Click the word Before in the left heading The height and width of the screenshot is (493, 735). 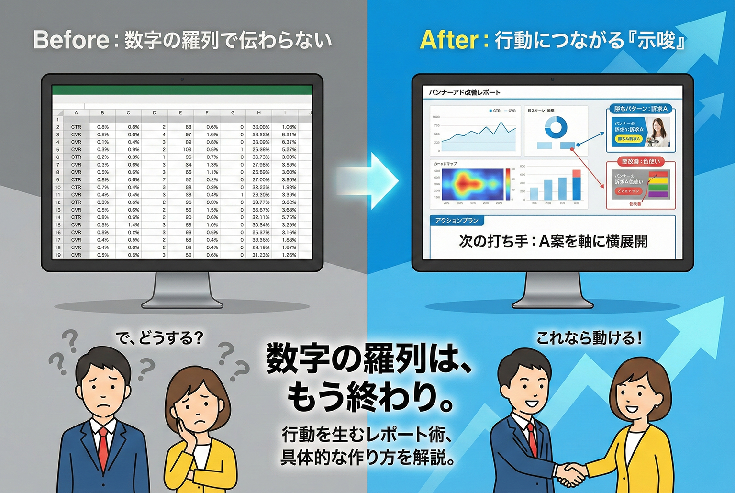pos(71,40)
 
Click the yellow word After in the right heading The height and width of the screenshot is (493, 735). pos(448,40)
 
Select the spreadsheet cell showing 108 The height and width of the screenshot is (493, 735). pos(187,149)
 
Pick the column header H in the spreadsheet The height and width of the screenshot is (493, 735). pos(259,113)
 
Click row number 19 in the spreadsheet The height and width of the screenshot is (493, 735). pos(58,255)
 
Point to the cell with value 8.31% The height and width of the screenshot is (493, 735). pos(289,134)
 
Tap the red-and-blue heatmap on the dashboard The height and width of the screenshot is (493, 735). pos(471,184)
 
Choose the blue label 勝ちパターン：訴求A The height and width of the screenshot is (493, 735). pos(641,109)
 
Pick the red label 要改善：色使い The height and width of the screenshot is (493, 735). pos(641,162)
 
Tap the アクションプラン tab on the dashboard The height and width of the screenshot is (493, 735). pos(457,221)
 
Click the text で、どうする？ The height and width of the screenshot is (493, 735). pos(159,338)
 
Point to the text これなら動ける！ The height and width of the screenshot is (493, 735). pos(589,338)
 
